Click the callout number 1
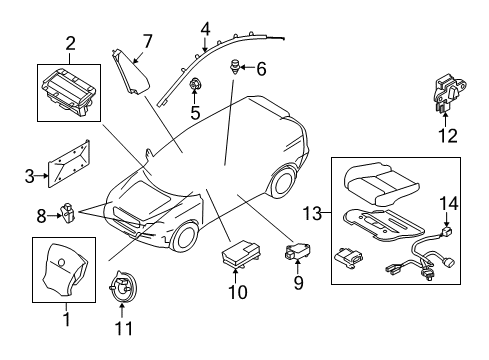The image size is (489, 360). (67, 320)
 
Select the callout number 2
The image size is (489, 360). (70, 43)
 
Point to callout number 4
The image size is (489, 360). (205, 28)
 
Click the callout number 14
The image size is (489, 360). (450, 203)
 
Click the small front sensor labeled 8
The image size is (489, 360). (68, 213)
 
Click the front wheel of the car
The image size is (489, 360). (183, 238)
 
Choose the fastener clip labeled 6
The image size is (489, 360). (238, 70)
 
